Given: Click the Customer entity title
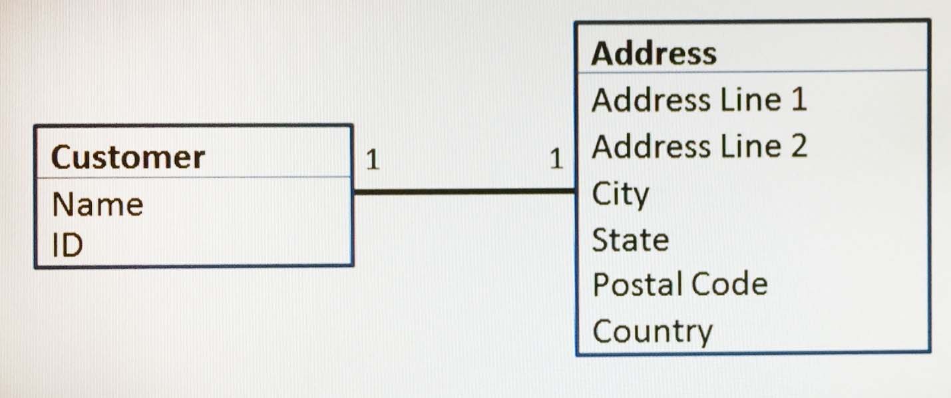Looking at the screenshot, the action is (x=128, y=157).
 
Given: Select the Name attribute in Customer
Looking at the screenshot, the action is (x=98, y=204).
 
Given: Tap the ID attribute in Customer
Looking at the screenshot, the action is (x=67, y=245).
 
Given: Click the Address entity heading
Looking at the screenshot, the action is (x=654, y=53).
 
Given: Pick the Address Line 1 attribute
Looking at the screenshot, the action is (x=699, y=100).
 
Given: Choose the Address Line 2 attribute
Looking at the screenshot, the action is (x=699, y=146).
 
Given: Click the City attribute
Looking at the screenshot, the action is (x=620, y=194).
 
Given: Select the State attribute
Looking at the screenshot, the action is (x=630, y=240).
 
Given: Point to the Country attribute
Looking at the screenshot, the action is (x=653, y=331).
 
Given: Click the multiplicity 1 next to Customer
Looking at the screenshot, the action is (x=372, y=160).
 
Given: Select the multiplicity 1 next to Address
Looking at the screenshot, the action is (x=556, y=159).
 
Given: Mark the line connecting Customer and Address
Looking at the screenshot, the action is (x=464, y=192).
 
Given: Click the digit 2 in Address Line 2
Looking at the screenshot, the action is (x=798, y=146).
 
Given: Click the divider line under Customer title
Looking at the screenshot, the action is (x=194, y=177).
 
